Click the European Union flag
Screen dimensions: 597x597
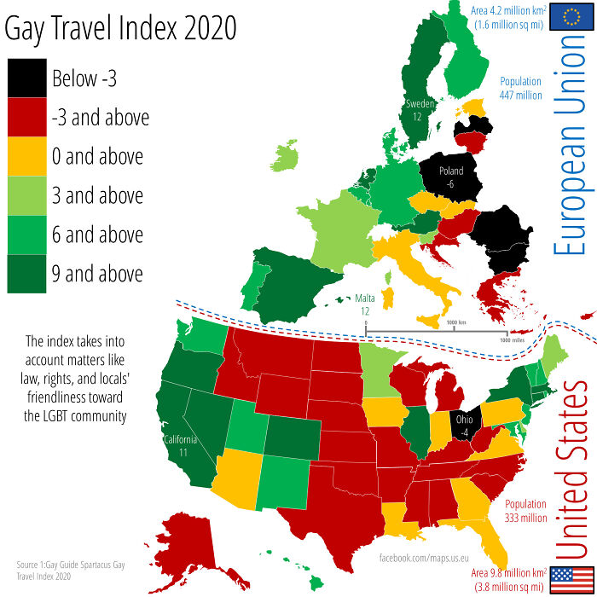[565, 17]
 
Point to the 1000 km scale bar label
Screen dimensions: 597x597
[456, 323]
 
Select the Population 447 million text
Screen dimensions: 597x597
[521, 89]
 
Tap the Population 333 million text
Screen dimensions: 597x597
[525, 510]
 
